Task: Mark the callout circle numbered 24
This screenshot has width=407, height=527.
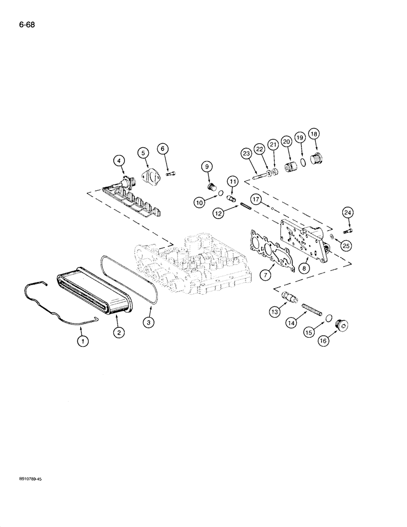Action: tap(347, 213)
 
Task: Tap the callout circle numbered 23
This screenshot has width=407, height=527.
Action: tap(246, 154)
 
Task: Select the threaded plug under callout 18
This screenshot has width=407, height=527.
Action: tap(317, 160)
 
